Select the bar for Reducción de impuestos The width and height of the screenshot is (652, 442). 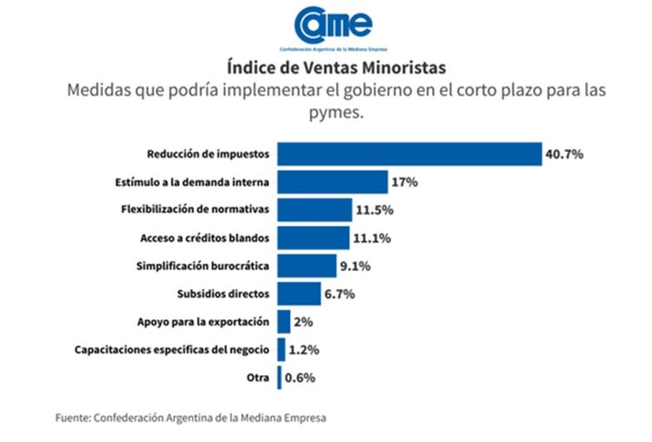pos(409,154)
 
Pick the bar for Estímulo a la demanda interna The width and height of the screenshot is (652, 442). pos(332,182)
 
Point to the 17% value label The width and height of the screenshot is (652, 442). pos(405,182)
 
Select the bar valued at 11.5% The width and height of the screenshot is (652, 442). pos(314,210)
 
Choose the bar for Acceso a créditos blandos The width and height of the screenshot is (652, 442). pos(313,238)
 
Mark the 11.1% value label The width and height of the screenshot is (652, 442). pos(371,238)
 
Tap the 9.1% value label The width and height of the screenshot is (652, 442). pos(355,266)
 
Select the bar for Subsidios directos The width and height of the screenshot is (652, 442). pos(299,294)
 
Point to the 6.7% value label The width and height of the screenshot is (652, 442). pos(339,294)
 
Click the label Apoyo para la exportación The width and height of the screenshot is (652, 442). pos(203,322)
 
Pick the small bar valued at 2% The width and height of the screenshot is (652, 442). pos(283,322)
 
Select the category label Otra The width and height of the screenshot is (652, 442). pos(258,378)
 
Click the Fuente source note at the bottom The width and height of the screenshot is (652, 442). pos(190,418)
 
